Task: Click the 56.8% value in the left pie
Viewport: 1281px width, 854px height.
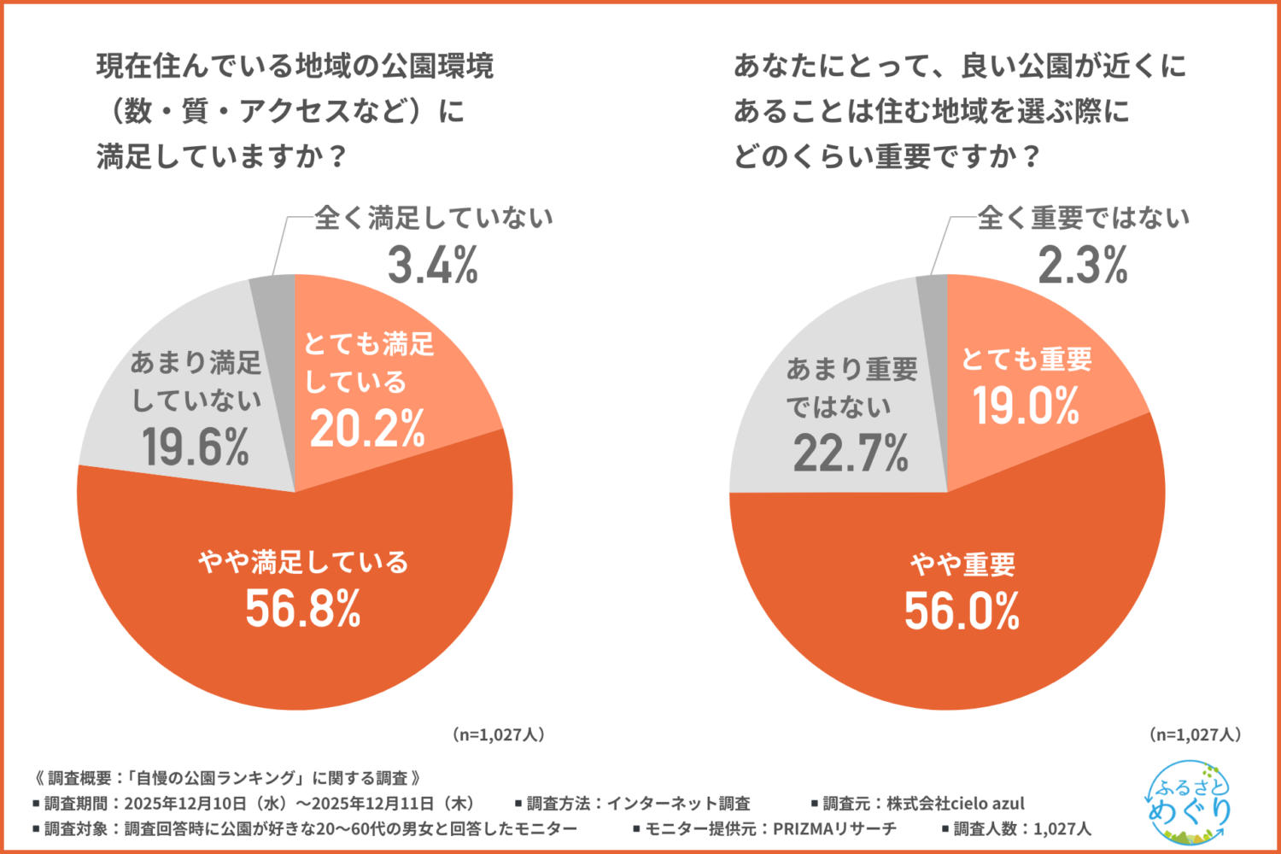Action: point(303,609)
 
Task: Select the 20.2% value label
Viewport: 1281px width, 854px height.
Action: point(367,429)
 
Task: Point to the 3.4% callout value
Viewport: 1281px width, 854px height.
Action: point(433,266)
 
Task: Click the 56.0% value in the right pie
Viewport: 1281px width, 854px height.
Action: point(962,611)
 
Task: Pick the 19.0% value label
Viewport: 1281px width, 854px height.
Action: point(1027,406)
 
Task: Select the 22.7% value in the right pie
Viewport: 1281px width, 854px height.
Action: point(851,453)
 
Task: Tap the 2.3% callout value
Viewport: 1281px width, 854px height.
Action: point(1083,266)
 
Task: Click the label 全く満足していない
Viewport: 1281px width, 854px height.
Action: point(434,219)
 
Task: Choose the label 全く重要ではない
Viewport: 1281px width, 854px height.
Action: point(1083,219)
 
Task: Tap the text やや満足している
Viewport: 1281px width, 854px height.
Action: point(303,562)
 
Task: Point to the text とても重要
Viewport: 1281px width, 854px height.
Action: point(1027,360)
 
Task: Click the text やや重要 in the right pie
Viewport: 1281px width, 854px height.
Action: point(962,564)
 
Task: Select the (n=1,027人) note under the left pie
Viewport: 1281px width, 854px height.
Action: point(499,734)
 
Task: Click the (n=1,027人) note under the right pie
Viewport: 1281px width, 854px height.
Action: point(1196,734)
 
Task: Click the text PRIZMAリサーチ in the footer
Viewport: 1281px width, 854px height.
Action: point(834,828)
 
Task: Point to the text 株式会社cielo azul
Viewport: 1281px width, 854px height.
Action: point(955,804)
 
